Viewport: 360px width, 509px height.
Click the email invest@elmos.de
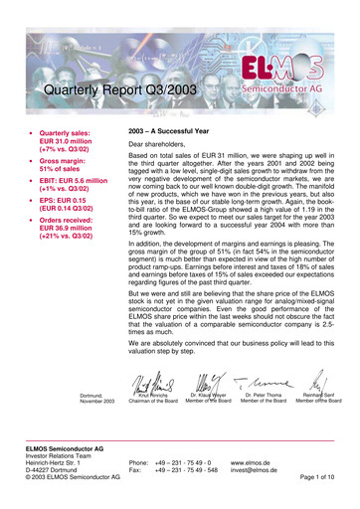point(256,471)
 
